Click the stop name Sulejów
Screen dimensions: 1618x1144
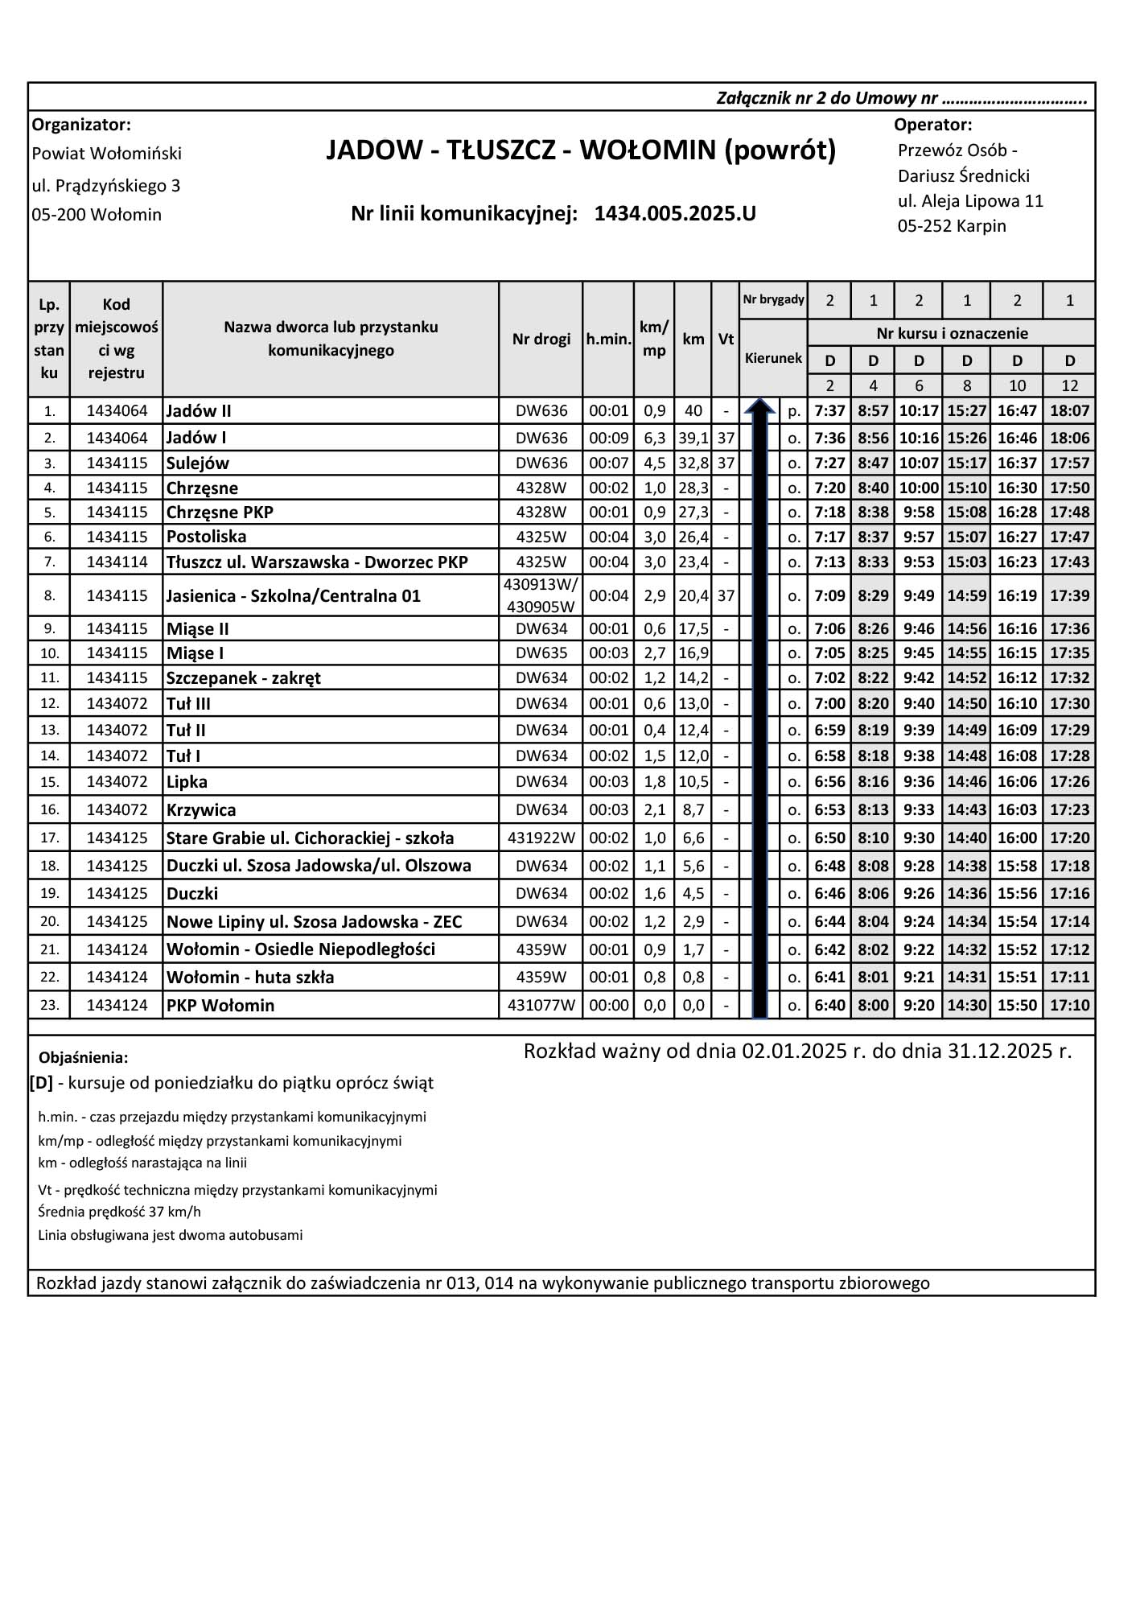pyautogui.click(x=198, y=463)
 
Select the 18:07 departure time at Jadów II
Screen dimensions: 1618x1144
pyautogui.click(x=1069, y=411)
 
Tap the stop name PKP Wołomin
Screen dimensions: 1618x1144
pyautogui.click(x=220, y=1006)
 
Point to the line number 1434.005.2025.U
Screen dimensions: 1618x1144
pyautogui.click(x=675, y=214)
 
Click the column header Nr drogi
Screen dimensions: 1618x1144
pyautogui.click(x=541, y=339)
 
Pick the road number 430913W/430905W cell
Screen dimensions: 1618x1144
pyautogui.click(x=541, y=596)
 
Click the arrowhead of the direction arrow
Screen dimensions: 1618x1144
pyautogui.click(x=759, y=407)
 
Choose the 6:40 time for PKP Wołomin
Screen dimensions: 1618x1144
pyautogui.click(x=829, y=1006)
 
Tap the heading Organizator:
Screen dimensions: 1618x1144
pyautogui.click(x=81, y=125)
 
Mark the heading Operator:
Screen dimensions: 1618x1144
pyautogui.click(x=932, y=125)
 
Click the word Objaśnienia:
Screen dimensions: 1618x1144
pyautogui.click(x=84, y=1057)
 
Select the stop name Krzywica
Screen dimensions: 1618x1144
pyautogui.click(x=201, y=810)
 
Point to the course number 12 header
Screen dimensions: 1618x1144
pyautogui.click(x=1069, y=385)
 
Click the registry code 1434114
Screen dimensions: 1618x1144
pyautogui.click(x=117, y=562)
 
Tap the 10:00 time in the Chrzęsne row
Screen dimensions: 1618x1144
pyautogui.click(x=919, y=488)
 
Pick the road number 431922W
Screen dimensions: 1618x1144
pyautogui.click(x=541, y=838)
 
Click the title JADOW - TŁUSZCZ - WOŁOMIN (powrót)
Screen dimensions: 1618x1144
pyautogui.click(x=581, y=150)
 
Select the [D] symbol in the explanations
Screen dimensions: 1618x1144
pyautogui.click(x=42, y=1083)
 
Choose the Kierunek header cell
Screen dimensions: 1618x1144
pyautogui.click(x=773, y=359)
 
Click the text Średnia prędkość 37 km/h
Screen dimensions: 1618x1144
pyautogui.click(x=119, y=1212)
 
